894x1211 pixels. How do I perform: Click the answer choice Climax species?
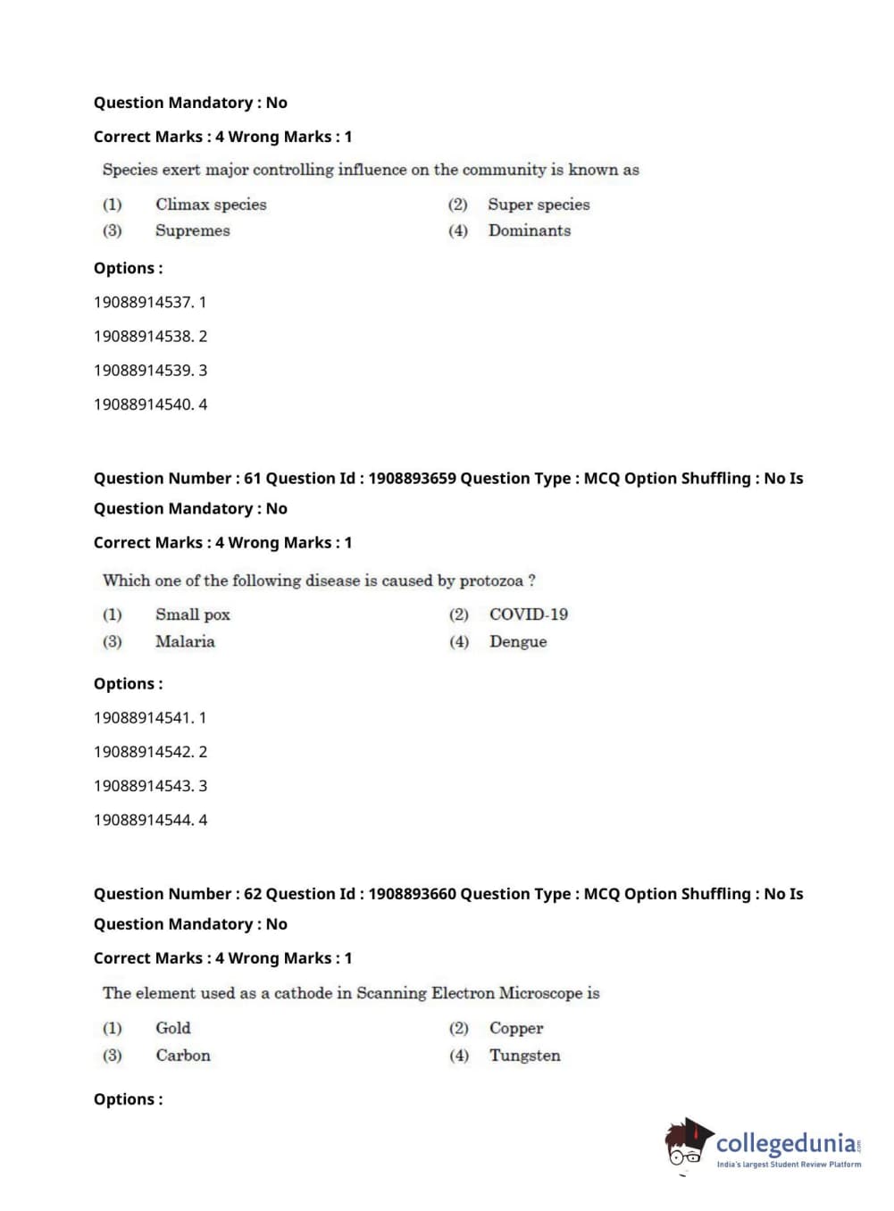pyautogui.click(x=211, y=205)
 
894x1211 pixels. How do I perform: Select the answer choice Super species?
pyautogui.click(x=539, y=205)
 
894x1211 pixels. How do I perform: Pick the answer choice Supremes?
pyautogui.click(x=192, y=230)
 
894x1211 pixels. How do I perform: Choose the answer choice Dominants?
pyautogui.click(x=529, y=230)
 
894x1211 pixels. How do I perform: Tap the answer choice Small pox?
pyautogui.click(x=192, y=614)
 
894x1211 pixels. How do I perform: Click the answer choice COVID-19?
pyautogui.click(x=528, y=614)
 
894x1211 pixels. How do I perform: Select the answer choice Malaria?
pyautogui.click(x=185, y=641)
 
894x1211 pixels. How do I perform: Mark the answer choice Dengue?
pyautogui.click(x=518, y=641)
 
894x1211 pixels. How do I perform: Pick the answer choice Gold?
pyautogui.click(x=172, y=1028)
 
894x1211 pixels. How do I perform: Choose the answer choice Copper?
pyautogui.click(x=516, y=1028)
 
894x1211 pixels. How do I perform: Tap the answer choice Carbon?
pyautogui.click(x=183, y=1056)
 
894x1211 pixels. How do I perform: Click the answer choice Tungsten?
pyautogui.click(x=525, y=1056)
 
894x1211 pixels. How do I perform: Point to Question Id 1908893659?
pyautogui.click(x=412, y=479)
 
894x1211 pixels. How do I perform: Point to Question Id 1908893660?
pyautogui.click(x=412, y=894)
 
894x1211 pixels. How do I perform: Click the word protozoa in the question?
pyautogui.click(x=491, y=580)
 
